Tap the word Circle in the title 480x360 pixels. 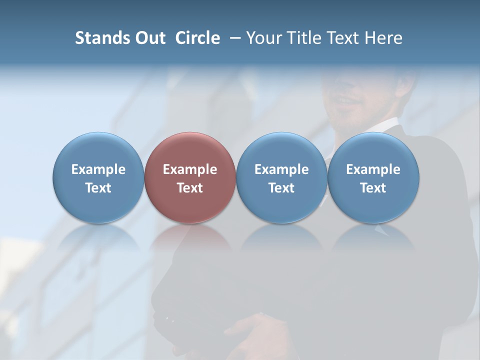(197, 38)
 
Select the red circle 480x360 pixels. (190, 177)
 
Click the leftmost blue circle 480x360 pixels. (98, 177)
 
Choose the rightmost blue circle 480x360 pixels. (373, 177)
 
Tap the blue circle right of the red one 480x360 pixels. (281, 177)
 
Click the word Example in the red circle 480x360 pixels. (190, 169)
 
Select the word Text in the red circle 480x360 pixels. (190, 188)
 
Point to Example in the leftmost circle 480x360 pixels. (98, 169)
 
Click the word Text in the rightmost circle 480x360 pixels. (373, 188)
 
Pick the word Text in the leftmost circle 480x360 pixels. (98, 188)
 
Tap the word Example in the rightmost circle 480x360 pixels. (373, 169)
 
